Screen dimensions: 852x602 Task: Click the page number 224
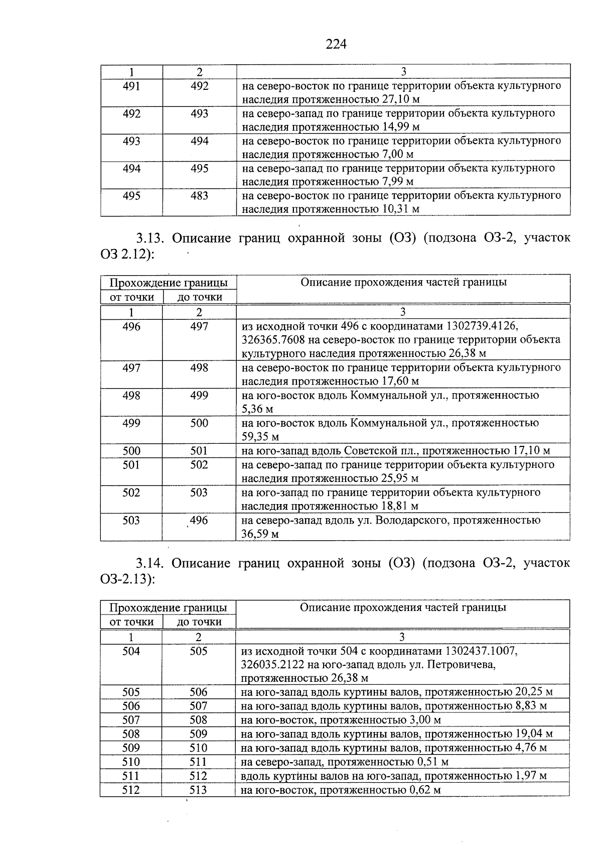(336, 45)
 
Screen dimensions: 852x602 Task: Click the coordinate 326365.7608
(272, 340)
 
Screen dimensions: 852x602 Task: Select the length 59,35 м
(260, 437)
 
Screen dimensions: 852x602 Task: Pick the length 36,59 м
(260, 534)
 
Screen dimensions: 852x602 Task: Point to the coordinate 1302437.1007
(481, 651)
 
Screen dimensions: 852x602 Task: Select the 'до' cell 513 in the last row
(199, 790)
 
